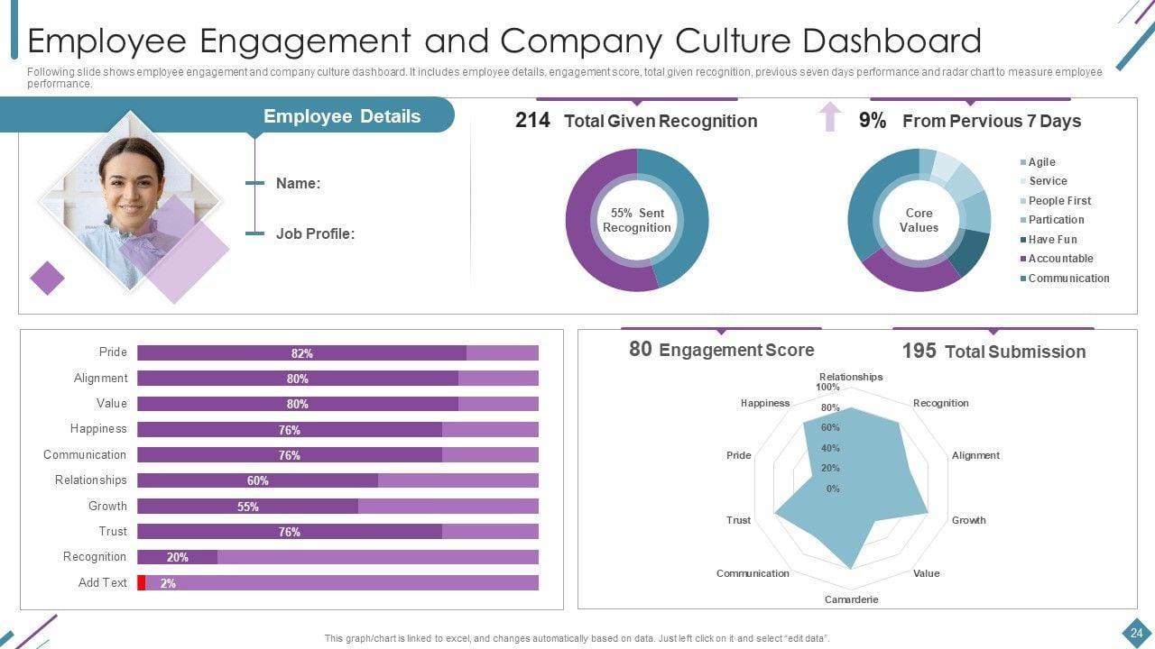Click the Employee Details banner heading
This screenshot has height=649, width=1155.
[x=341, y=116]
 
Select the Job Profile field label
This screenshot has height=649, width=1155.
[x=315, y=233]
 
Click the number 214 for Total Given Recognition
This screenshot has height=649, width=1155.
[x=532, y=121]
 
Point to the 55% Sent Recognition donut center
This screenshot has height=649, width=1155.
[x=637, y=220]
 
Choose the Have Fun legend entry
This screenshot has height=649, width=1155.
[x=1052, y=240]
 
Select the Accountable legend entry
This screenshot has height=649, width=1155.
[x=1060, y=259]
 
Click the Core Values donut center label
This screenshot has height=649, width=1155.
[x=919, y=220]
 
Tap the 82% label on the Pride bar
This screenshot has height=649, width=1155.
[x=301, y=353]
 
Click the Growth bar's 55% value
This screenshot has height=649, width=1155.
[x=248, y=507]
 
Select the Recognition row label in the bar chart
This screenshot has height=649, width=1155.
[x=95, y=557]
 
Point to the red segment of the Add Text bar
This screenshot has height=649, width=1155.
[x=142, y=582]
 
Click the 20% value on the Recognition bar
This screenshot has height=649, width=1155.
[x=177, y=557]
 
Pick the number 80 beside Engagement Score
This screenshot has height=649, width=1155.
[x=640, y=349]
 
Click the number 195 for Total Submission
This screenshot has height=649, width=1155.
[x=919, y=351]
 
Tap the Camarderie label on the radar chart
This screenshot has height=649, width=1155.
[x=851, y=599]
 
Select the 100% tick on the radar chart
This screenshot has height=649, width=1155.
[x=827, y=388]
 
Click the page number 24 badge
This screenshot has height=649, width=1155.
[x=1136, y=633]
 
